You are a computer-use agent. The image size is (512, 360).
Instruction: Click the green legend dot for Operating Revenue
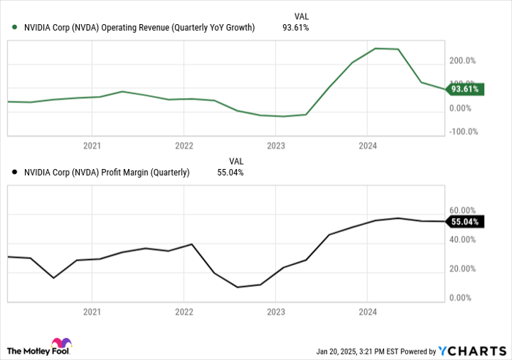(15, 28)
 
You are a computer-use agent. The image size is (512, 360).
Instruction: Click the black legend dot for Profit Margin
(15, 173)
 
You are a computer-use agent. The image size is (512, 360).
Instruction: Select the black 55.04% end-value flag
(465, 221)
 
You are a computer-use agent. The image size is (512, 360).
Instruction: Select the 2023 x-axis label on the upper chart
(275, 146)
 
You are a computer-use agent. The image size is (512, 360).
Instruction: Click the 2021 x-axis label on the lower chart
(91, 311)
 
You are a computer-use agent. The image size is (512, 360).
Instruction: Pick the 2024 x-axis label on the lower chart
(367, 311)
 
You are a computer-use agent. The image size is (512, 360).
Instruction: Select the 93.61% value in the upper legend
(295, 28)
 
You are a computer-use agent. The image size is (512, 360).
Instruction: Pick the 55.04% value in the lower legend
(230, 173)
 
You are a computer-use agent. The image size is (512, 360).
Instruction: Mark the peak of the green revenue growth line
(375, 48)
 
